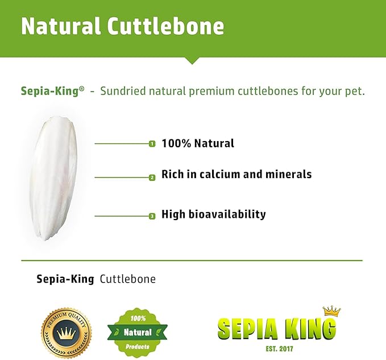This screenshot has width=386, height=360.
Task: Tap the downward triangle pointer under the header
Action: [193, 60]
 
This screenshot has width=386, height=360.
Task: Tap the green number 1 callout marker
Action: [152, 144]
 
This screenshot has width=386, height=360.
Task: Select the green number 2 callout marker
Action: [152, 177]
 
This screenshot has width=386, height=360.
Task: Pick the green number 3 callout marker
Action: [152, 216]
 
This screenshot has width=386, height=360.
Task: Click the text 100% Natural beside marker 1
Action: [197, 143]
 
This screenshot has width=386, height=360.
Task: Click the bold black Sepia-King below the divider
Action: [65, 279]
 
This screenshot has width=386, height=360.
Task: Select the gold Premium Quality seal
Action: [66, 329]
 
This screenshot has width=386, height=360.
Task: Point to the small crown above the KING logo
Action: [331, 311]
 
